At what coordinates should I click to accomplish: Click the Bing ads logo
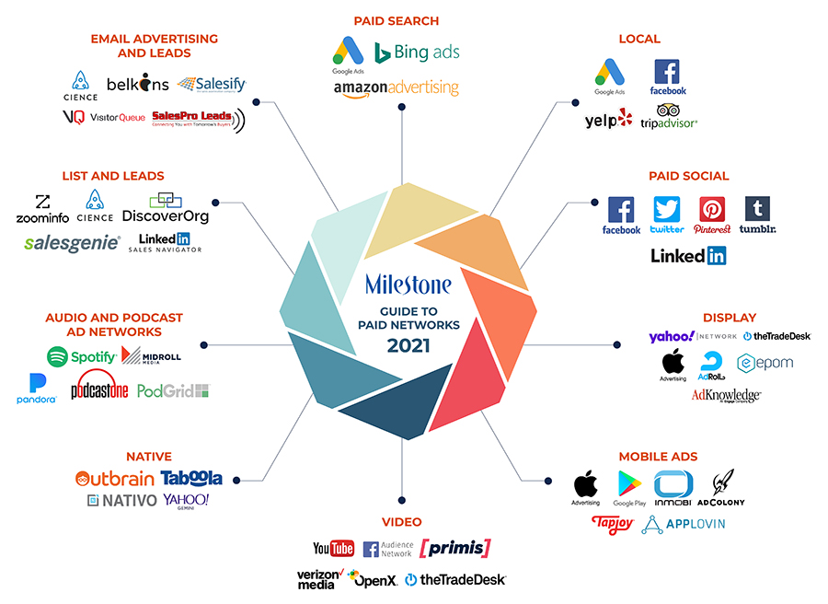click(x=417, y=52)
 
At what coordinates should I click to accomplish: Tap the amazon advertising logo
click(x=396, y=88)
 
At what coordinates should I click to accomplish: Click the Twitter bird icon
click(x=667, y=209)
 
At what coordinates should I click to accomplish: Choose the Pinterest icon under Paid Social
click(x=712, y=209)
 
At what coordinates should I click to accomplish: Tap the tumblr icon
click(x=757, y=209)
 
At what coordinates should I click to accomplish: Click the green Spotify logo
click(x=82, y=356)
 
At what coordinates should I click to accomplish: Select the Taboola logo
click(x=191, y=478)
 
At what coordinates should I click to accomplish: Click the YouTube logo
click(x=333, y=549)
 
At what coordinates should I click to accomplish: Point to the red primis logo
click(x=454, y=549)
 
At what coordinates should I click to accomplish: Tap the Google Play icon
click(x=629, y=484)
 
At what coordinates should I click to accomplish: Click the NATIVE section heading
click(x=149, y=456)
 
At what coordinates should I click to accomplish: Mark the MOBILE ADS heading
click(x=658, y=456)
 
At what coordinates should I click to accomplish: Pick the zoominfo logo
click(x=42, y=209)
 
